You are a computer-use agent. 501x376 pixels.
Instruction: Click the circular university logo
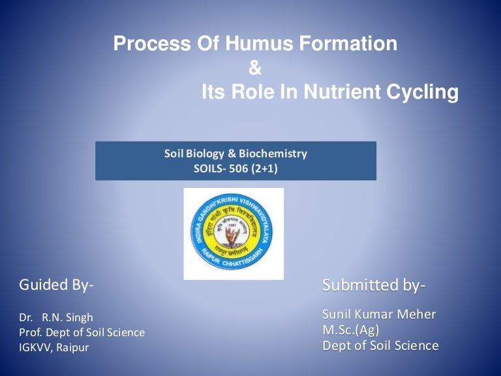234,233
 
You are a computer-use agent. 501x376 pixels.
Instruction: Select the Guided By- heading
57,285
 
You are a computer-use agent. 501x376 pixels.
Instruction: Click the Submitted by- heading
374,285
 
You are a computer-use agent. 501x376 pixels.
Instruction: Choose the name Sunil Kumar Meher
379,315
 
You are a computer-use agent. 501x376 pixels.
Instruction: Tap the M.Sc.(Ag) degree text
350,330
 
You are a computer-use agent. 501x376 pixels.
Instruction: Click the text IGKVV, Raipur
53,347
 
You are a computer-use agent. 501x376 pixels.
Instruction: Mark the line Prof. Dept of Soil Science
82,332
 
